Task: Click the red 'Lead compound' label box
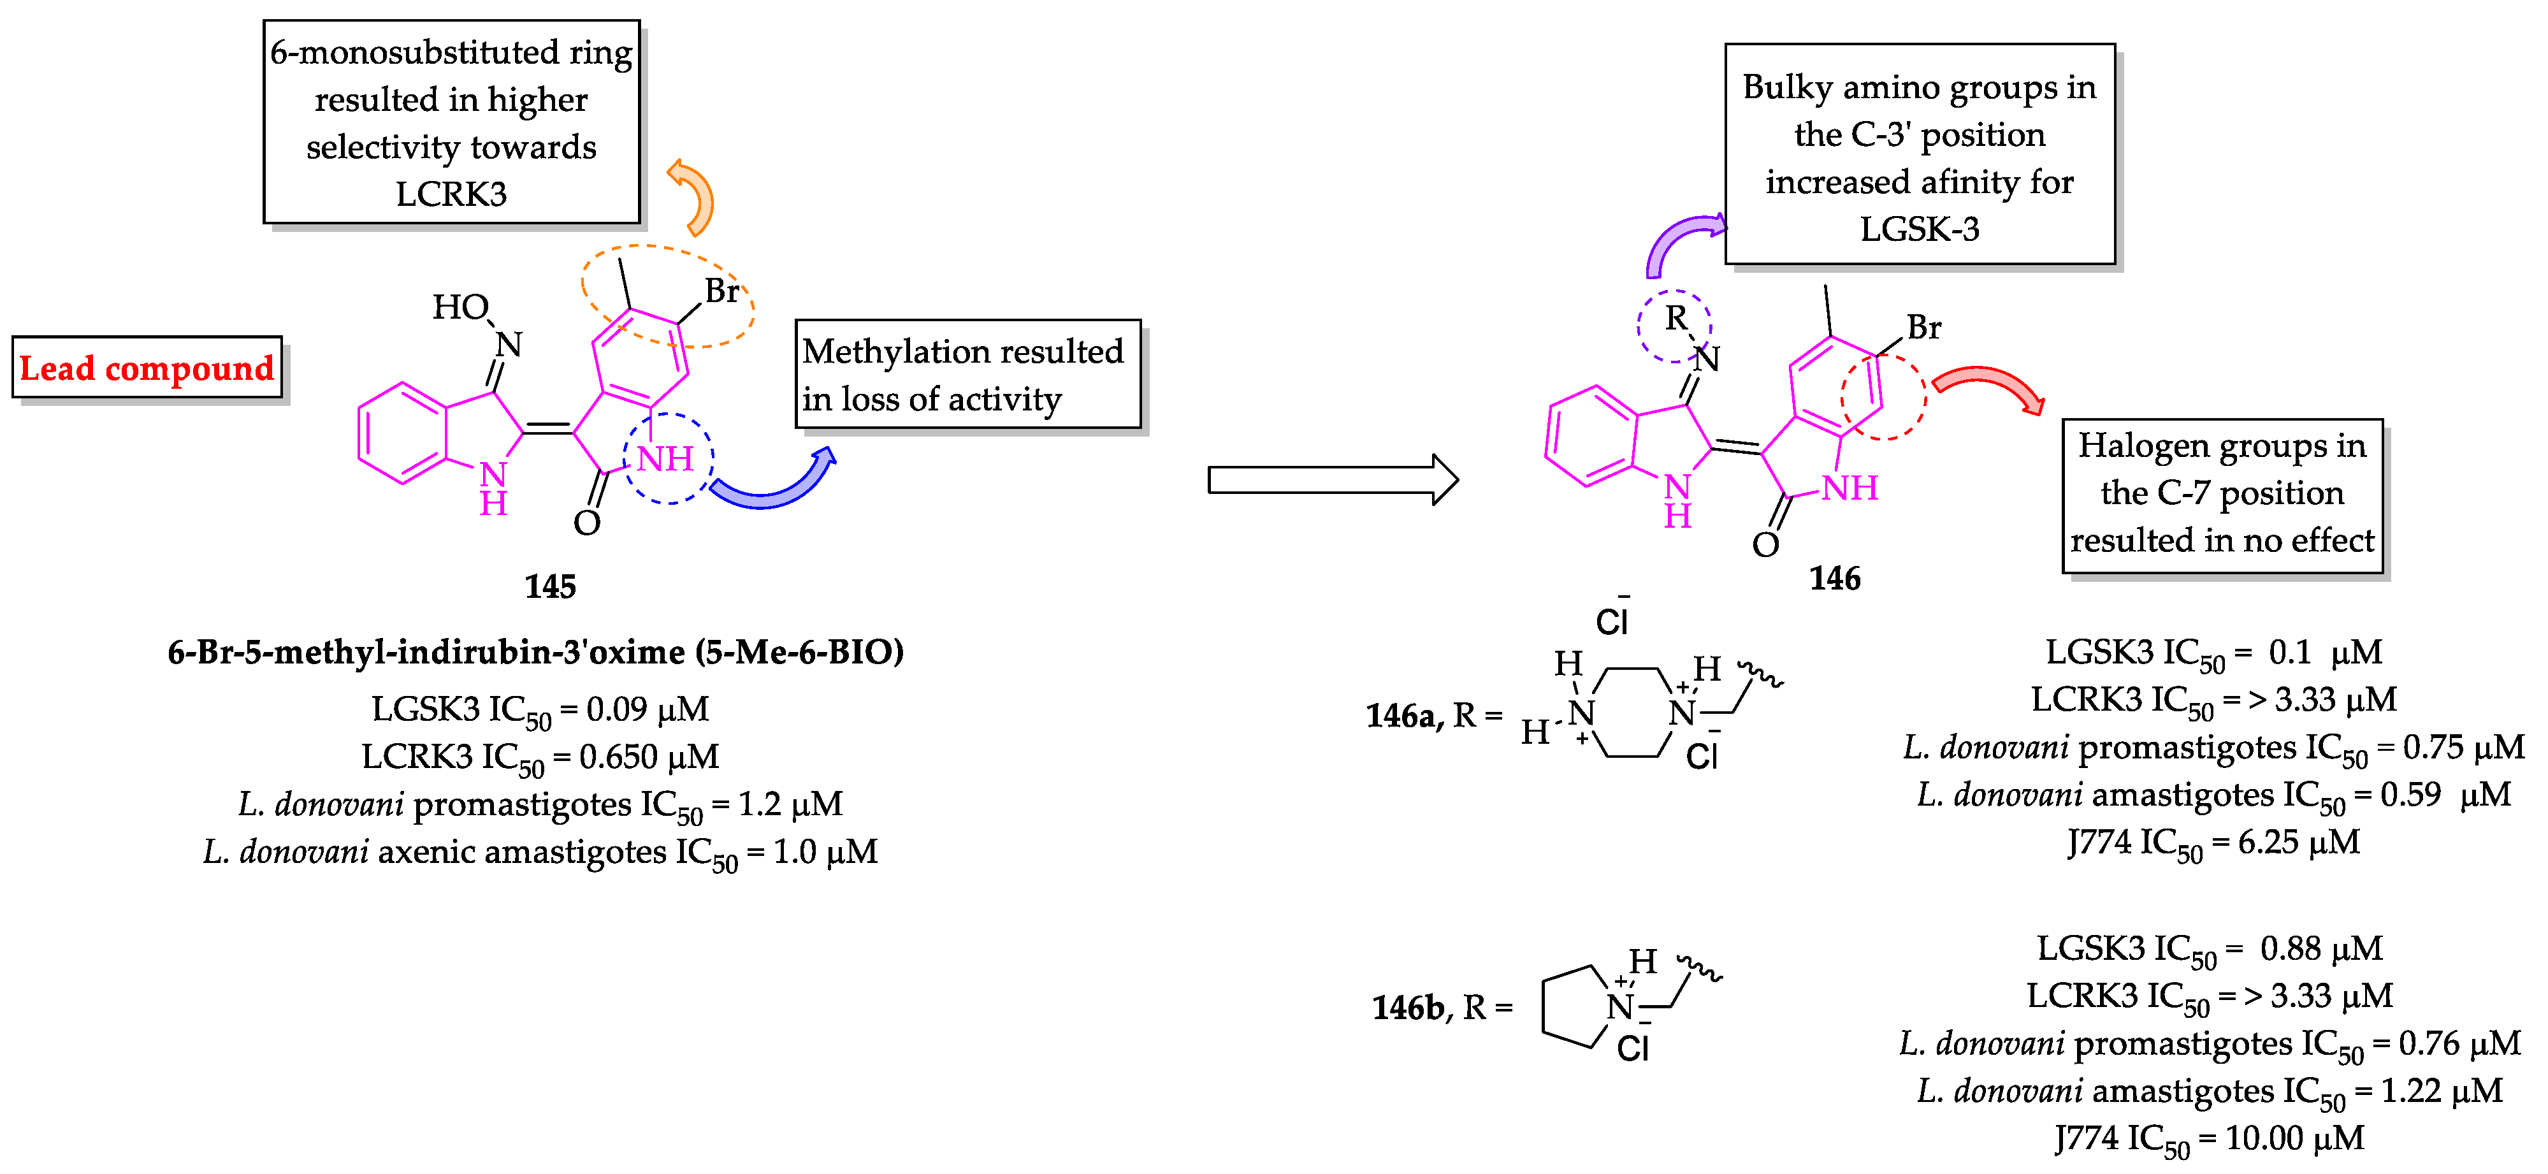tap(147, 368)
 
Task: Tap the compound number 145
tap(550, 586)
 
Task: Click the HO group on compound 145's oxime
tap(460, 308)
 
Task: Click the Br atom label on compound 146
tap(1924, 328)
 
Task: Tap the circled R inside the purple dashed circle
tap(1676, 319)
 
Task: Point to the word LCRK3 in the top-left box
tap(451, 194)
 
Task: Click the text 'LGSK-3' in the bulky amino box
tap(1919, 229)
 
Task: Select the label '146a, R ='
tap(1433, 715)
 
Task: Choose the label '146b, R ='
tap(1441, 1008)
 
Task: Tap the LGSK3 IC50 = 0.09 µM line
tap(540, 709)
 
